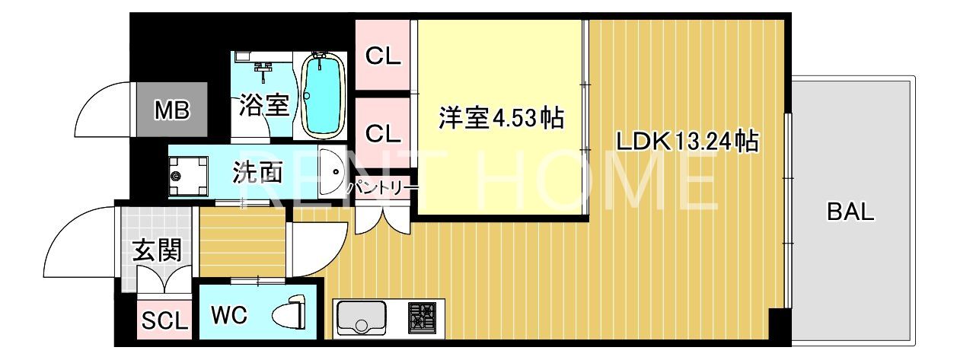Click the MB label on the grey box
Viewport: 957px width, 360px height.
coord(172,110)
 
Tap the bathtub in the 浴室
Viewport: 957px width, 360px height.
coord(323,96)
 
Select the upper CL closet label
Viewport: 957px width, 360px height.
coord(383,56)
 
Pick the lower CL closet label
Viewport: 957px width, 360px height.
coord(383,133)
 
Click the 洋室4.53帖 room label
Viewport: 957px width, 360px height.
coord(502,117)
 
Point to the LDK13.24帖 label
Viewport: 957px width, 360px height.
coord(687,141)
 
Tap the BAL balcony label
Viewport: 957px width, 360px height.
coord(850,212)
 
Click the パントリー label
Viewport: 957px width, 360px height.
coord(382,188)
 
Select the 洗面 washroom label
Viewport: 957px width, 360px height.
coord(257,172)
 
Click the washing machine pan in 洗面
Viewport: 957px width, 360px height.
coord(188,176)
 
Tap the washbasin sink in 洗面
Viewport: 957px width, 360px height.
coord(331,172)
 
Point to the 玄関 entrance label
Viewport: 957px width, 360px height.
coord(158,250)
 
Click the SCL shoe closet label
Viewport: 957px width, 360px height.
coord(164,320)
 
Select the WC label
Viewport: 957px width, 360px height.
coord(229,316)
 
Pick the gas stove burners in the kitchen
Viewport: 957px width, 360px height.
coord(423,318)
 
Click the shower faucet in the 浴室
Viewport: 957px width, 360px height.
coord(263,72)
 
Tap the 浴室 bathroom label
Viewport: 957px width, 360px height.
coord(264,105)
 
